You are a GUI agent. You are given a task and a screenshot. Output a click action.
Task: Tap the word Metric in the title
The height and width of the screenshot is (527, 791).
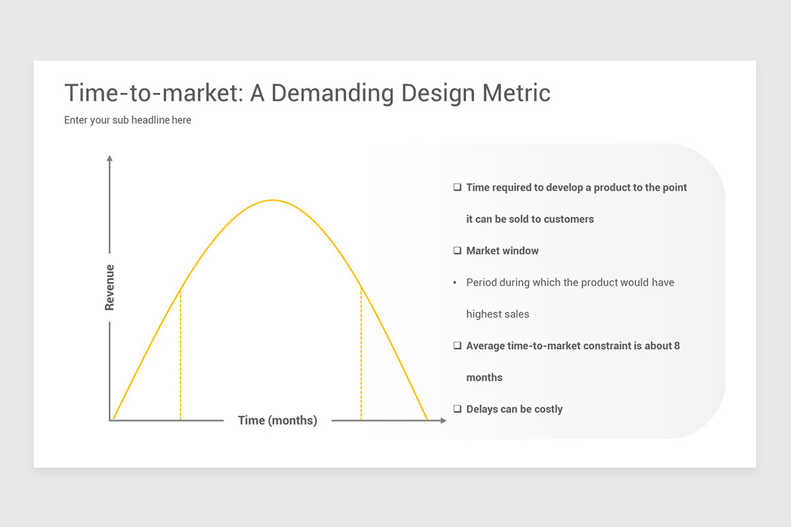pos(516,93)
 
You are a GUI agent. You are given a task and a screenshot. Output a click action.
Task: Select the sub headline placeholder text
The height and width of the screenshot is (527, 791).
pos(127,121)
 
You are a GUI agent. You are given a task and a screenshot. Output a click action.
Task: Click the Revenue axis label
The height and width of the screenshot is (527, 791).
pos(109,287)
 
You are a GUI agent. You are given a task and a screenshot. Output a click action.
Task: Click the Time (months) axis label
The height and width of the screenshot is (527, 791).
pos(278,420)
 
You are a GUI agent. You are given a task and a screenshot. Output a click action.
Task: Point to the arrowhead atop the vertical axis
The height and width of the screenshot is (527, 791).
pos(109,158)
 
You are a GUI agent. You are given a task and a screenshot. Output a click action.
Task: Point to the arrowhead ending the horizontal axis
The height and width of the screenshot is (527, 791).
pos(443,420)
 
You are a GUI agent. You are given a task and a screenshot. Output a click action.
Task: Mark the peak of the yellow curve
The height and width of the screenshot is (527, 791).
pos(272,200)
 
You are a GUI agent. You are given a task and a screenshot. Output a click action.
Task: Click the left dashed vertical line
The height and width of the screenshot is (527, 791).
pos(180,356)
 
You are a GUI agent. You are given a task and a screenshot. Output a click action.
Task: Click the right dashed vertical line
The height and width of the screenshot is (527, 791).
pos(361,356)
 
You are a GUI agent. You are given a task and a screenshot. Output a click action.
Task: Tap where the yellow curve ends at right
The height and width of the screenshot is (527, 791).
pos(426,419)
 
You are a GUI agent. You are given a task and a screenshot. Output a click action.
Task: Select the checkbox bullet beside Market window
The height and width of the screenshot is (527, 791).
pos(457,251)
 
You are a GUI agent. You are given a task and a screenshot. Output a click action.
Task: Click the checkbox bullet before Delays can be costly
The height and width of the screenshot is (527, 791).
pos(457,409)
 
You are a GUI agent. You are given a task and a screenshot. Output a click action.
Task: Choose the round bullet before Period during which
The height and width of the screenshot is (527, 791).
pos(455,283)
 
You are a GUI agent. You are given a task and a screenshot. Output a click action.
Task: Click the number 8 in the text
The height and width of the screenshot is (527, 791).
pos(677,346)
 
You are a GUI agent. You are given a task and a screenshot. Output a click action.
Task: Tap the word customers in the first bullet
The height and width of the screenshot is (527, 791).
pos(569,219)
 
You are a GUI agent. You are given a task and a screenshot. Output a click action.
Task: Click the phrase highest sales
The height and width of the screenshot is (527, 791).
pos(498,314)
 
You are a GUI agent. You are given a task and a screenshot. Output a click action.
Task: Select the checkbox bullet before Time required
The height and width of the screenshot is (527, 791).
pos(457,188)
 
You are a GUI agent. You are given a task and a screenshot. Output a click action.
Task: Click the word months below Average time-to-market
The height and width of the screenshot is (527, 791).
pos(484,377)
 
